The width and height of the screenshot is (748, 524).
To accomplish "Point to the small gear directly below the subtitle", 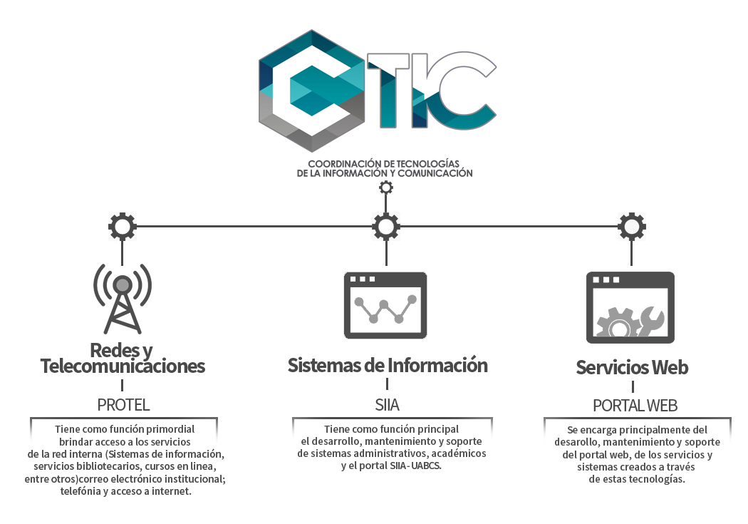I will [x=386, y=187].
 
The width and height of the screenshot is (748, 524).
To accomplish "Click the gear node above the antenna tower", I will [x=123, y=227].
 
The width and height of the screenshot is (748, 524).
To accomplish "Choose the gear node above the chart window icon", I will [x=386, y=227].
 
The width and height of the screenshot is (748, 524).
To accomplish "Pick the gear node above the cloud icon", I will [x=631, y=227].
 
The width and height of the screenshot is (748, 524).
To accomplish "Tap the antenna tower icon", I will [x=123, y=299].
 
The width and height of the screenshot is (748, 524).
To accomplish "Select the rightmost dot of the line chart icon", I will [x=412, y=297].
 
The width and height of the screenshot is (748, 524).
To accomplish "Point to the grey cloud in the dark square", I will [x=630, y=317].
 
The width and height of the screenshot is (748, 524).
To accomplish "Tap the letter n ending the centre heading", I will [x=482, y=366].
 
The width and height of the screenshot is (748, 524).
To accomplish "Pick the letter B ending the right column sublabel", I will [x=673, y=406].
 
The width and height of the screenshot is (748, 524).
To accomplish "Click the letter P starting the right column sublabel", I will [x=598, y=406].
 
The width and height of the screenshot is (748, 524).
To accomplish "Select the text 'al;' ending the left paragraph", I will [x=222, y=479].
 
